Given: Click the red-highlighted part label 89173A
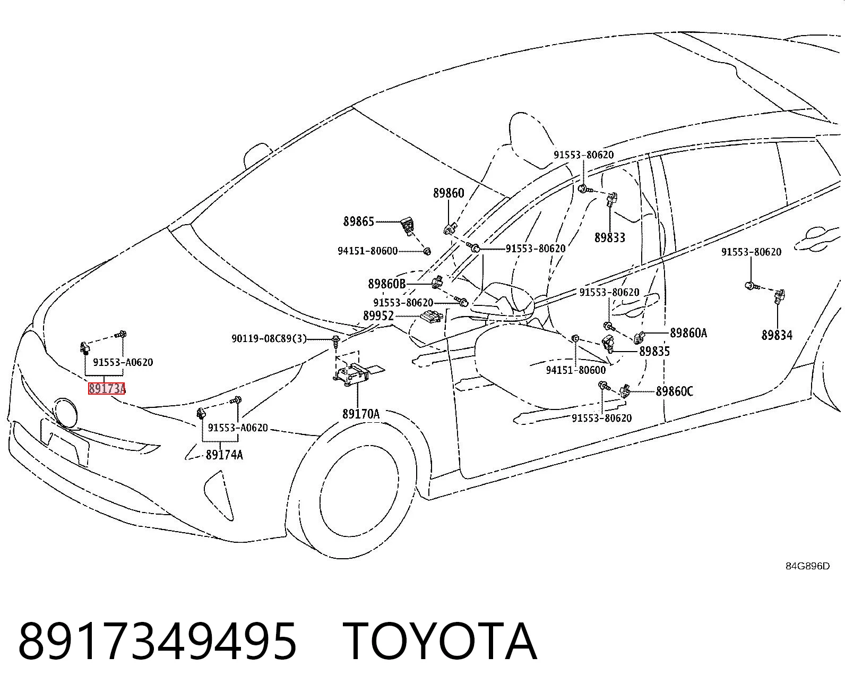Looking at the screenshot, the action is tap(107, 388).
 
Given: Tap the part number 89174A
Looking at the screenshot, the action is tap(224, 455).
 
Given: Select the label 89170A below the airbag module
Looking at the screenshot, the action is tap(361, 414).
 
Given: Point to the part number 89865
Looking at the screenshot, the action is tap(359, 221).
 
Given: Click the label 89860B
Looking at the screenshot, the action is tap(386, 284).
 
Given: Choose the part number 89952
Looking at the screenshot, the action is tap(378, 315).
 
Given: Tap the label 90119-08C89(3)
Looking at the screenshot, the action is tap(269, 338).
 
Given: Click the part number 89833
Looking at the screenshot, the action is tap(610, 237).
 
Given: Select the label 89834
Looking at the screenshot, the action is tap(777, 335).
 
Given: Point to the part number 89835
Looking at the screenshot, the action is tap(655, 351).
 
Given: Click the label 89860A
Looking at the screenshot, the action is tap(688, 333).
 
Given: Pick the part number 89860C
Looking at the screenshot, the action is tap(674, 391).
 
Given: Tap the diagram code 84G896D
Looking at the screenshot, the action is tap(808, 566).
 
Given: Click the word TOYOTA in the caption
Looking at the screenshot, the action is tap(440, 642).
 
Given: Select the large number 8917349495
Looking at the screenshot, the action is tap(158, 642).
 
